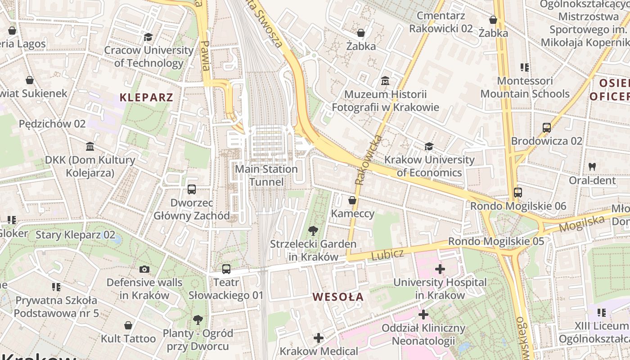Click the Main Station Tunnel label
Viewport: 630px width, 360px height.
click(x=266, y=175)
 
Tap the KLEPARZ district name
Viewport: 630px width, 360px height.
click(x=146, y=97)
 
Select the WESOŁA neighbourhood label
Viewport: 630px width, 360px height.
click(x=338, y=297)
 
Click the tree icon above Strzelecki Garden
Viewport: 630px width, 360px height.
click(x=313, y=231)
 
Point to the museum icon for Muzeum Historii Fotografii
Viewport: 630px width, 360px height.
click(x=385, y=81)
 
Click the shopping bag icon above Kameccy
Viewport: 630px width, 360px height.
click(x=352, y=200)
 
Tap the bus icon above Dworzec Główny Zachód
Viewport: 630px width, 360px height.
click(x=192, y=189)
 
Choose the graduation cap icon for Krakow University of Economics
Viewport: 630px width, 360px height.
click(x=429, y=147)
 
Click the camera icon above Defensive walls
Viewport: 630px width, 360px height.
click(x=144, y=270)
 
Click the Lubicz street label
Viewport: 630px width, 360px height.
click(x=387, y=255)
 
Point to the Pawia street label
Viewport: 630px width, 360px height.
click(x=205, y=56)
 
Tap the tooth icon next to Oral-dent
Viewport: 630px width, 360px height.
click(x=592, y=166)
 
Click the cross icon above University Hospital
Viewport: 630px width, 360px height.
click(x=440, y=270)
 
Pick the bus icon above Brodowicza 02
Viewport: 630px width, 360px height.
click(x=547, y=128)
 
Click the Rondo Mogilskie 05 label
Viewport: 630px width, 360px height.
click(x=496, y=241)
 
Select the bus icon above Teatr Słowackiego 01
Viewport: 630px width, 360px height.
click(x=226, y=269)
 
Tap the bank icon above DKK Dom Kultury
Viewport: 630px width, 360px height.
click(x=90, y=147)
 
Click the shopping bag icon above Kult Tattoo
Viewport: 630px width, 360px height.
click(x=128, y=325)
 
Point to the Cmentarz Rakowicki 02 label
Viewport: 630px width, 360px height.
click(x=441, y=22)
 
